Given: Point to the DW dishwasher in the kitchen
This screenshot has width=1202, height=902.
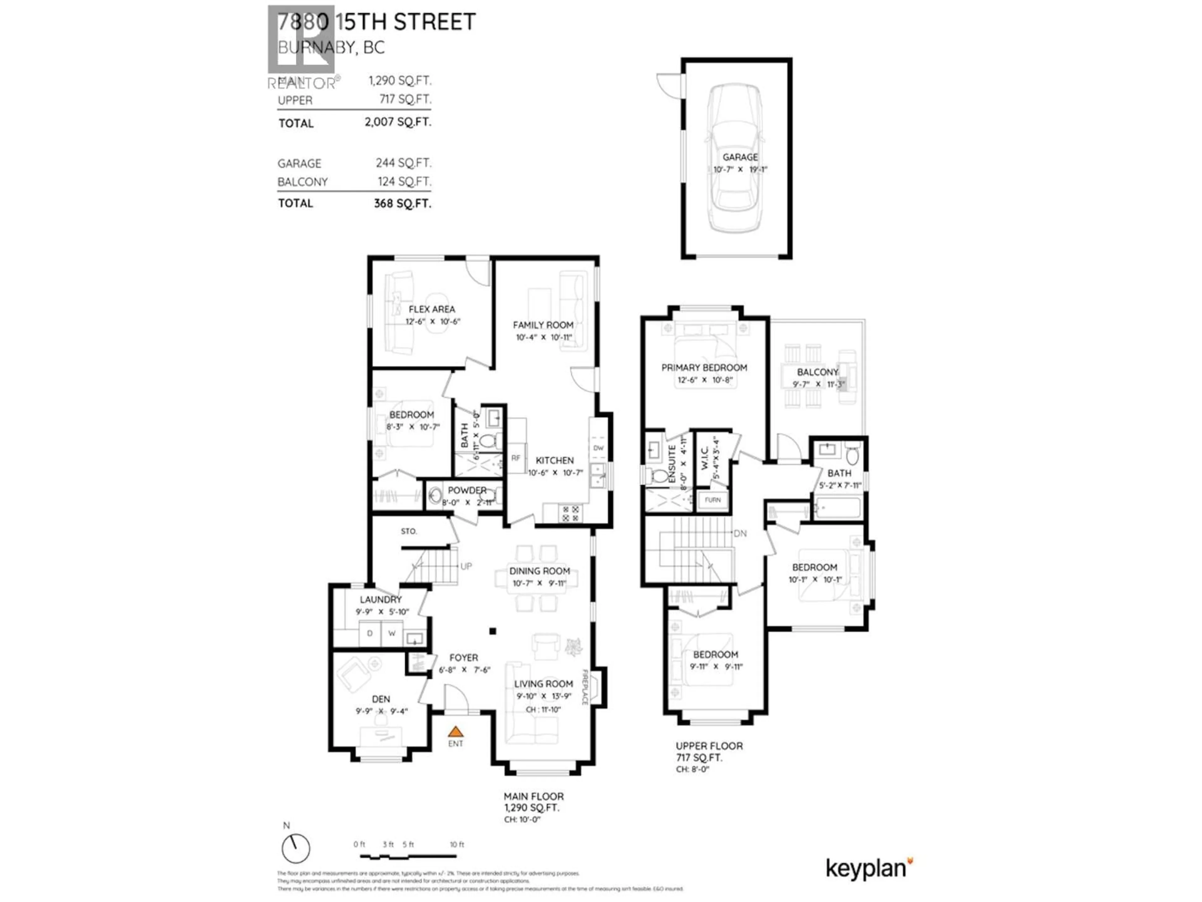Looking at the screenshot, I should coord(598,448).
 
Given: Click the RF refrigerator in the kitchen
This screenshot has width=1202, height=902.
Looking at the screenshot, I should coord(516,458).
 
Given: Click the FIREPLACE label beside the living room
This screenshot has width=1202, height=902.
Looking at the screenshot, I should coord(586,687).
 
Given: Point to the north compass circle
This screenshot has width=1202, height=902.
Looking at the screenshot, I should coord(295,863).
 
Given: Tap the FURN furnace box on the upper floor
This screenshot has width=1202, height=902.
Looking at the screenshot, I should coord(712,500).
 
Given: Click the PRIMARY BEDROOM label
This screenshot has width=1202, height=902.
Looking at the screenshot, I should coord(704,368).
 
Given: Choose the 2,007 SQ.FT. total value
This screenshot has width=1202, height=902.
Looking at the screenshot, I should coord(398,122).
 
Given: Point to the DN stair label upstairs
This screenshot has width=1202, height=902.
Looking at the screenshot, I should coord(740,533).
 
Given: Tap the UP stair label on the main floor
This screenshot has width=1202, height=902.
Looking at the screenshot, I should coord(466,566).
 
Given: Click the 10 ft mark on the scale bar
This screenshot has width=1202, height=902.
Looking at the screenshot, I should coord(457,844).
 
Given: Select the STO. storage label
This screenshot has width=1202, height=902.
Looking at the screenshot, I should coord(408,531).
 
